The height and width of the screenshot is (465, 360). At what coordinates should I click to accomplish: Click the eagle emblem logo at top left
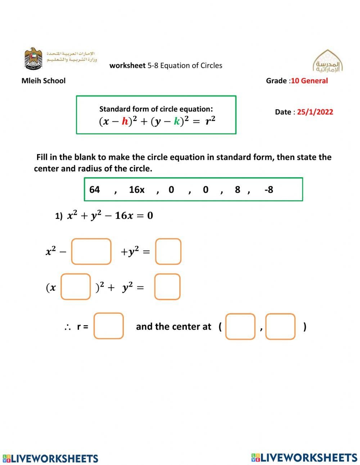[x=33, y=58]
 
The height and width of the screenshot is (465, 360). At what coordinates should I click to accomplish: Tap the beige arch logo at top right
[x=327, y=61]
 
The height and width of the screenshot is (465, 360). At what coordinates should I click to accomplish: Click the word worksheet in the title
[x=127, y=66]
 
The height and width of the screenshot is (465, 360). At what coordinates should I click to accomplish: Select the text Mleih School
[x=43, y=81]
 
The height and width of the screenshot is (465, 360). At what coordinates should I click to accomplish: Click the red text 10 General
[x=309, y=81]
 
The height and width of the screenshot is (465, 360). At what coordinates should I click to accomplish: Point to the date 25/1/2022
[x=315, y=112]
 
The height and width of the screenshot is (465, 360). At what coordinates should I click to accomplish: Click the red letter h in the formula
[x=125, y=121]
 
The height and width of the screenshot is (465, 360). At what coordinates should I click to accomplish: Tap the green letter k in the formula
[x=176, y=121]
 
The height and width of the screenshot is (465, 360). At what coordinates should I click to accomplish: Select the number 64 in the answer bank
[x=94, y=189]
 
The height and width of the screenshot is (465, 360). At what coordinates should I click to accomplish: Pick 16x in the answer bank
[x=136, y=189]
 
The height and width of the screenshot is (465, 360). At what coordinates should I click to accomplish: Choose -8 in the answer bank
[x=269, y=189]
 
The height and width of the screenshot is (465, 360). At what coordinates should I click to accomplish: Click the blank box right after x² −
[x=91, y=251]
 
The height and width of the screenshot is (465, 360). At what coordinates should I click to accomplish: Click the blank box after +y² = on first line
[x=168, y=251]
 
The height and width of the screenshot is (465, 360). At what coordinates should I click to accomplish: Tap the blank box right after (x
[x=76, y=287]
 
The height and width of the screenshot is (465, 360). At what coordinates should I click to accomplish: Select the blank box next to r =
[x=108, y=326]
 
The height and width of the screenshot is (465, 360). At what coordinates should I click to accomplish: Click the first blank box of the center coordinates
[x=240, y=327]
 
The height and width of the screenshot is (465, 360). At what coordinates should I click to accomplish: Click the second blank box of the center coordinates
[x=280, y=327]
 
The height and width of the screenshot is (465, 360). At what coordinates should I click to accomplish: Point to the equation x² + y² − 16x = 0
[x=110, y=216]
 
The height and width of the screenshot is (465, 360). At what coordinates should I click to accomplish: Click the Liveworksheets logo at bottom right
[x=304, y=457]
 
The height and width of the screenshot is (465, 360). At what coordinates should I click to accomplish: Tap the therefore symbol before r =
[x=67, y=327]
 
